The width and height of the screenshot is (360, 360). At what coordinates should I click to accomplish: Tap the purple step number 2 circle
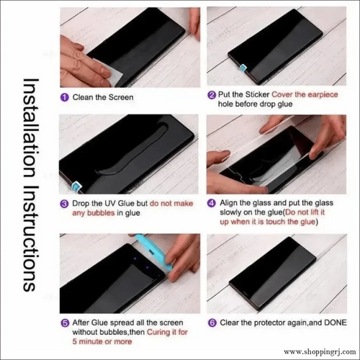(x=211, y=94)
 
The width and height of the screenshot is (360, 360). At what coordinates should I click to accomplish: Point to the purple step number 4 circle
(x=211, y=204)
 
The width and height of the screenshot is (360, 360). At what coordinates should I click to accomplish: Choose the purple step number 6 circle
(x=211, y=323)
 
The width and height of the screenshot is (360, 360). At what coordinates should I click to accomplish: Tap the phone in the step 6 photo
(x=274, y=274)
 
